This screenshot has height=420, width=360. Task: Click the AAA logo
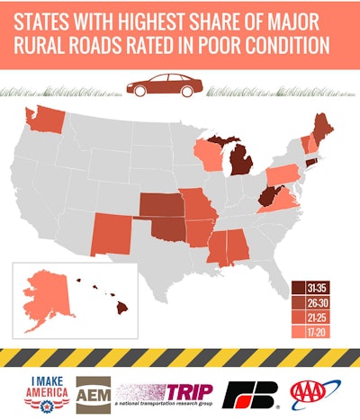click(x=316, y=392)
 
